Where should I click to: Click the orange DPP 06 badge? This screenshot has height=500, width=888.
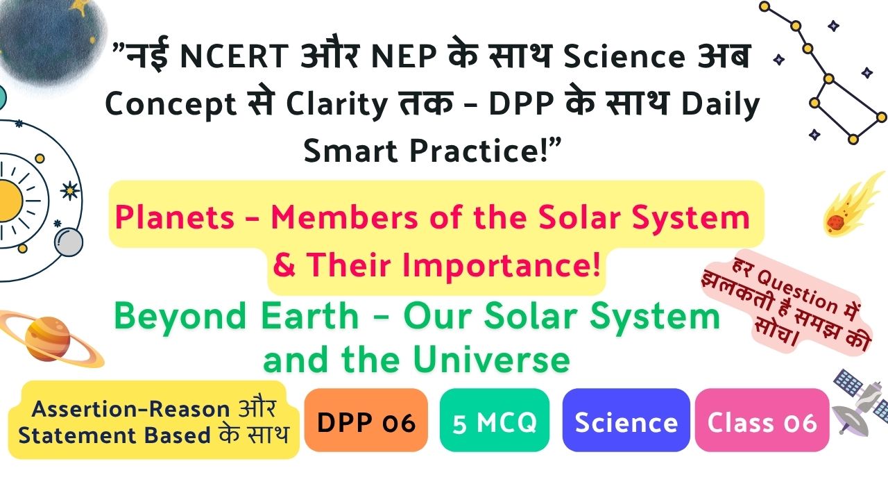click(x=366, y=420)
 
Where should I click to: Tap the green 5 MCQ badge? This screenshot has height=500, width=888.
click(x=495, y=420)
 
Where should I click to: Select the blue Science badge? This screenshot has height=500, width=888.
click(x=626, y=420)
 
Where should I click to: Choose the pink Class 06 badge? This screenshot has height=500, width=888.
click(x=762, y=420)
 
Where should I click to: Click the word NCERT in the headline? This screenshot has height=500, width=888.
click(x=234, y=56)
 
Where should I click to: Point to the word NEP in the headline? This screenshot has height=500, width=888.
click(x=404, y=56)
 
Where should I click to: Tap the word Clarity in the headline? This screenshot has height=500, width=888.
click(x=337, y=105)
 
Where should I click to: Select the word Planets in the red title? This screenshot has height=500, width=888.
click(x=175, y=218)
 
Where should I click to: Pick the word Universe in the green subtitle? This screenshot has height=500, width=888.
click(x=492, y=360)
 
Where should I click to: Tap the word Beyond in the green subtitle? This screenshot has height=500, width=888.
click(x=180, y=317)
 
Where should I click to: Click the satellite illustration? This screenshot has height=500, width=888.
click(x=860, y=401)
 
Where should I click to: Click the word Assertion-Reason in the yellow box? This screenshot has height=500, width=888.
click(x=131, y=409)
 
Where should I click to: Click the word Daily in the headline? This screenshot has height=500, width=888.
click(x=719, y=105)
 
